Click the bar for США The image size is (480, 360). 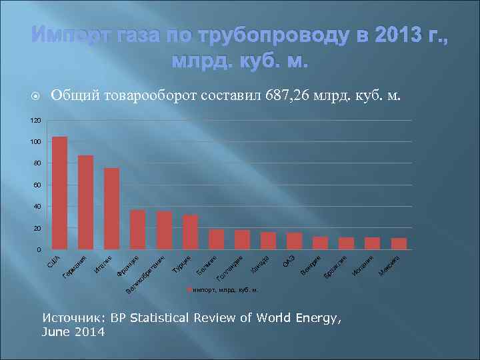(59, 193)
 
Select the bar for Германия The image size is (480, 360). (85, 202)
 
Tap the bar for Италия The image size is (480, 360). (111, 209)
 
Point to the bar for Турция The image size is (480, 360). (190, 232)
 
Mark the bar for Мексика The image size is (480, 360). (399, 243)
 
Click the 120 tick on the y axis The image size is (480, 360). (35, 121)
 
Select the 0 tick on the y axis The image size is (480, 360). (39, 250)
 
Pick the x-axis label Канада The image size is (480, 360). (260, 265)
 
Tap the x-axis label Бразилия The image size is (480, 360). (336, 267)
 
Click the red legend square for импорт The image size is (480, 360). (189, 290)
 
